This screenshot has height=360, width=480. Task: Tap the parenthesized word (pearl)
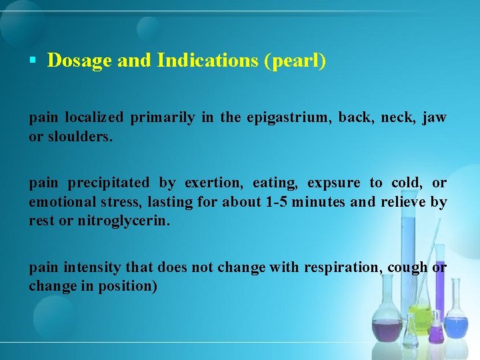[295, 61]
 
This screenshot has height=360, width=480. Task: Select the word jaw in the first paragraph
[434, 118]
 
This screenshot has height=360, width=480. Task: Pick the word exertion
[209, 183]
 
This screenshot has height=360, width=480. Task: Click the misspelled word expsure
[334, 183]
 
